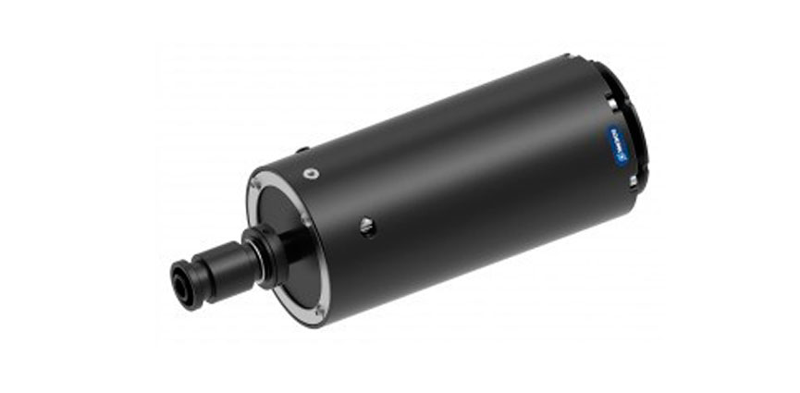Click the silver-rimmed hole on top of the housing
[x=310, y=173]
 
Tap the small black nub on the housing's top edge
[x=302, y=150]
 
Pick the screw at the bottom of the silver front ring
[x=318, y=308]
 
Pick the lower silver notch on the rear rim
[x=634, y=181]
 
